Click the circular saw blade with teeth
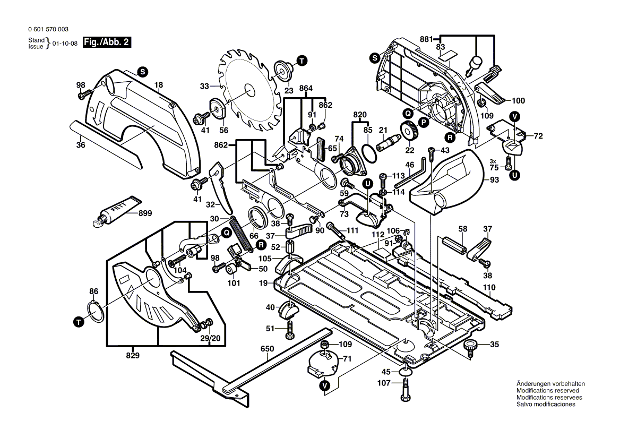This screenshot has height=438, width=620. pos(248,90)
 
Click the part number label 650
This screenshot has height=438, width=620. pos(267,349)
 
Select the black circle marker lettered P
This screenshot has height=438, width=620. pos(424,122)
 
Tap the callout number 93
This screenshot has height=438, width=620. pos(494,180)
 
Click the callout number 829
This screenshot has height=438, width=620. pos(133,355)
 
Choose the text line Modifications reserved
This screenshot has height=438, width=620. pos(544,390)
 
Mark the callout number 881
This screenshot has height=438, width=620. pos(426,39)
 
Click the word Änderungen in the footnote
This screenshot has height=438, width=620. pos(532,383)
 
